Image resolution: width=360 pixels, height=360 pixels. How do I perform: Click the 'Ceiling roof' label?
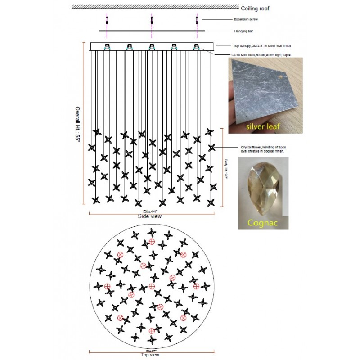pos(255,9)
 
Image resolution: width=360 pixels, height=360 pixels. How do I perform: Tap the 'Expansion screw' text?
pos(246,20)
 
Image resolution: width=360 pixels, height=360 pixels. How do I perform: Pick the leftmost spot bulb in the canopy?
pos(108,47)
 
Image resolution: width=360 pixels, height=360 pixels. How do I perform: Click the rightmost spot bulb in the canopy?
pos(196,47)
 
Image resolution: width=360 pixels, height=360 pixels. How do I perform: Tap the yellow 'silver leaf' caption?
pos(263,127)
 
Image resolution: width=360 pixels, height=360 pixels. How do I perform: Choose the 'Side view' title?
pos(150,216)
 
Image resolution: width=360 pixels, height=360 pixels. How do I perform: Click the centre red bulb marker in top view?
pos(152,287)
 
